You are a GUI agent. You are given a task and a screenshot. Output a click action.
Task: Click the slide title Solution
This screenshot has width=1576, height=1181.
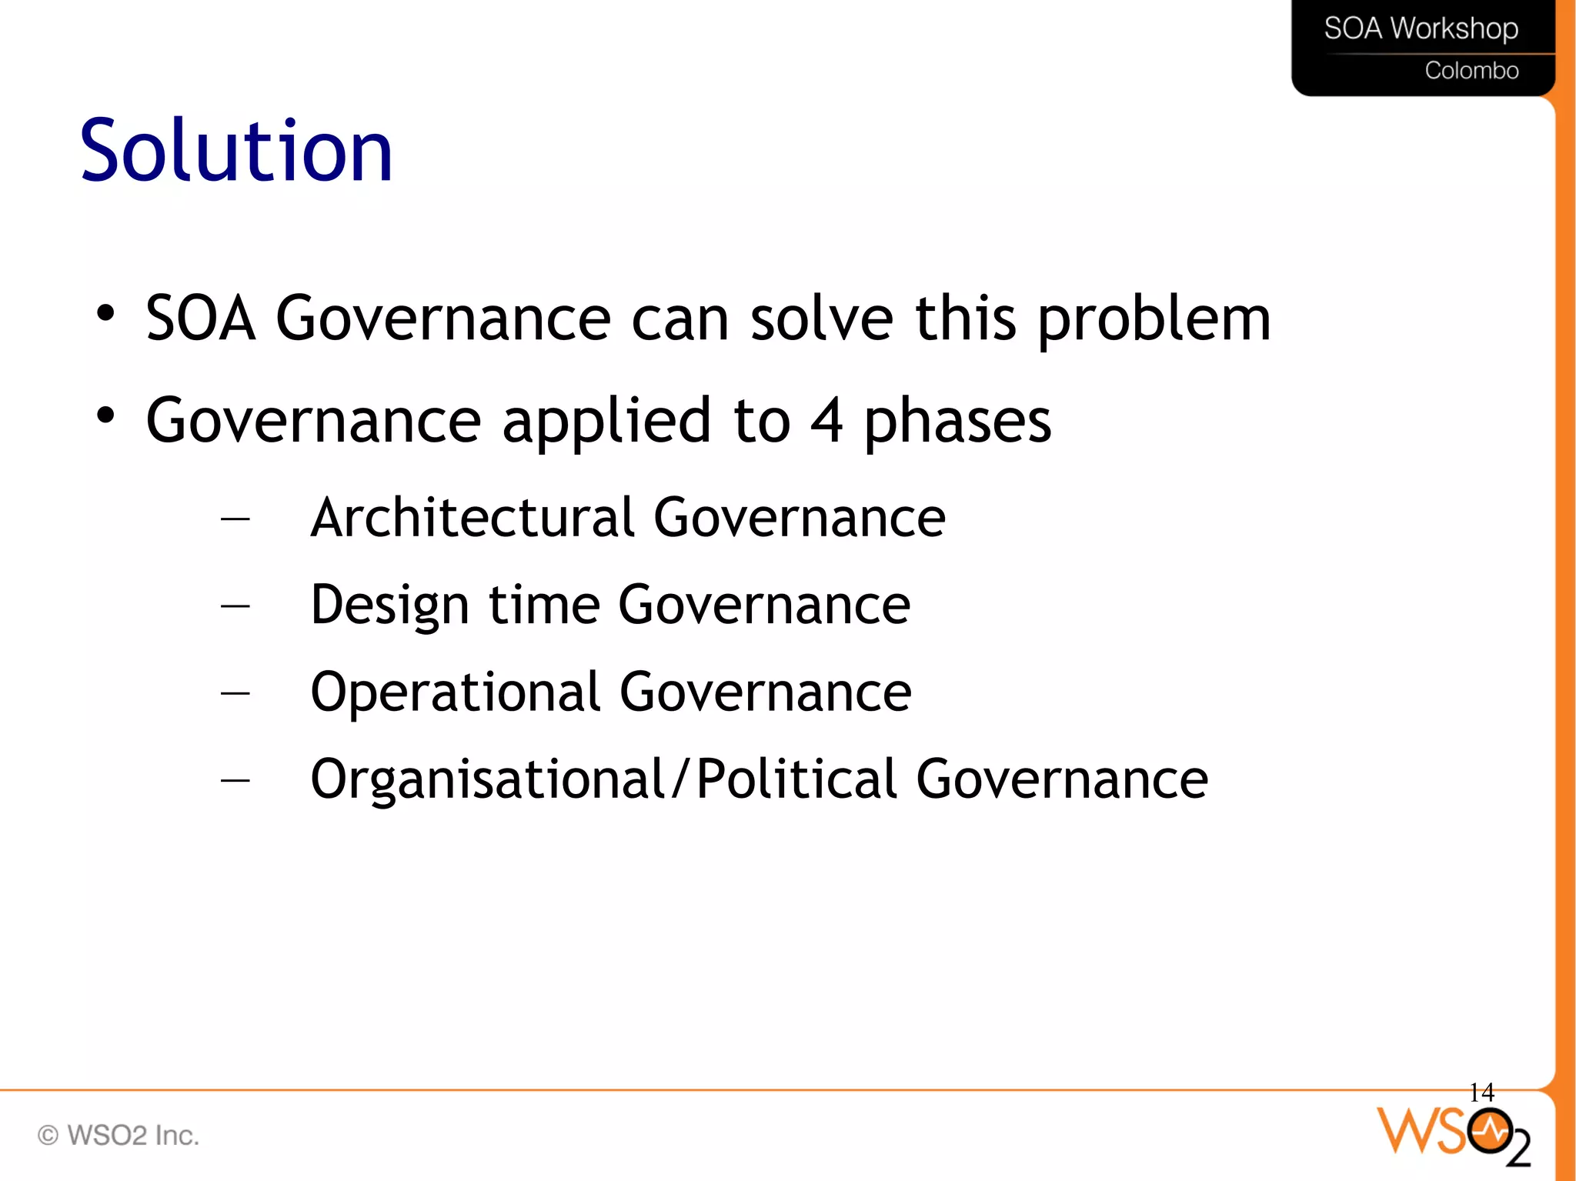click(236, 151)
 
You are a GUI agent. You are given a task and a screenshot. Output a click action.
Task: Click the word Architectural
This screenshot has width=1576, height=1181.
click(472, 517)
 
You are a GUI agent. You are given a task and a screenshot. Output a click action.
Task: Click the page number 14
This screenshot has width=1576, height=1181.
click(1481, 1092)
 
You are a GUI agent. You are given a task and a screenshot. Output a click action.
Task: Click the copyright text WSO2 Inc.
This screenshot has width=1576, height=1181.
click(119, 1135)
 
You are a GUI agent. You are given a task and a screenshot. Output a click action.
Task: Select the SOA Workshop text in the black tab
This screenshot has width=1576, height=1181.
click(1421, 28)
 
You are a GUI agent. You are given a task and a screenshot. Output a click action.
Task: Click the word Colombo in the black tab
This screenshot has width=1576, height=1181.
click(1471, 71)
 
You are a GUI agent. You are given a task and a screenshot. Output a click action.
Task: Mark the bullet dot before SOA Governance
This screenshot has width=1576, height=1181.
click(105, 313)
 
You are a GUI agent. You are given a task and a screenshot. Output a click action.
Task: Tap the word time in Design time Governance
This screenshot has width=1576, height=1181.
click(544, 605)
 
